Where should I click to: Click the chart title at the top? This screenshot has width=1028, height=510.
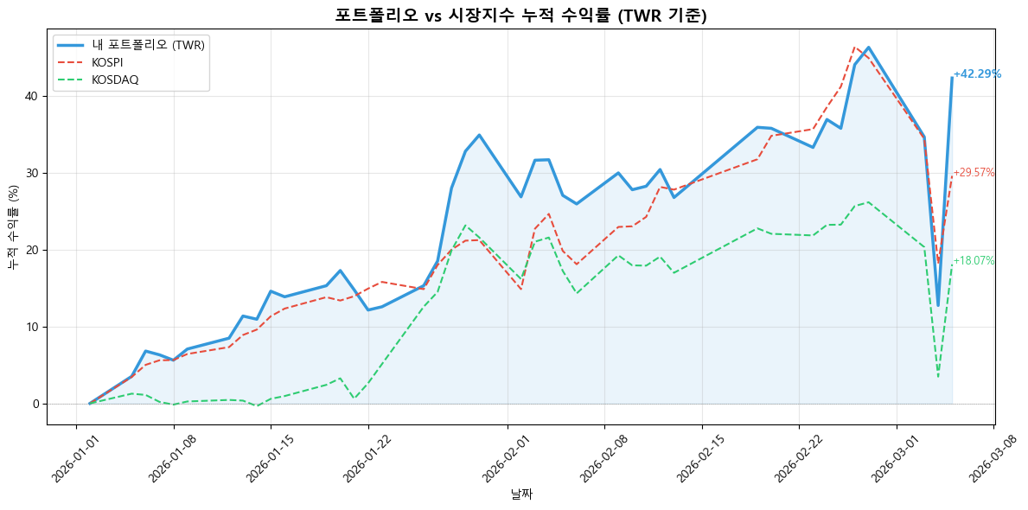514,15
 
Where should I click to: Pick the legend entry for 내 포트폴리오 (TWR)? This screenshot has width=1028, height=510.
147,45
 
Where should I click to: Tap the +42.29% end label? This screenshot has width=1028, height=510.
977,74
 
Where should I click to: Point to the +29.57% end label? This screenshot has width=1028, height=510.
974,173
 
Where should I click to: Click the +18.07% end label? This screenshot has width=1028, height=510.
974,261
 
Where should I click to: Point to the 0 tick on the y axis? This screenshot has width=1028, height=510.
37,404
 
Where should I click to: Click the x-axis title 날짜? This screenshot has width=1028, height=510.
521,495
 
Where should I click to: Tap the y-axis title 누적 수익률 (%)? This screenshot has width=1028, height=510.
13,226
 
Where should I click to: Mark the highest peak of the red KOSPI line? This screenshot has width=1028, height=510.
854,48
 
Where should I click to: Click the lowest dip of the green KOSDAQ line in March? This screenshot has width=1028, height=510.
938,376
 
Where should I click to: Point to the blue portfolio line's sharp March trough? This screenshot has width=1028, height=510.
938,305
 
